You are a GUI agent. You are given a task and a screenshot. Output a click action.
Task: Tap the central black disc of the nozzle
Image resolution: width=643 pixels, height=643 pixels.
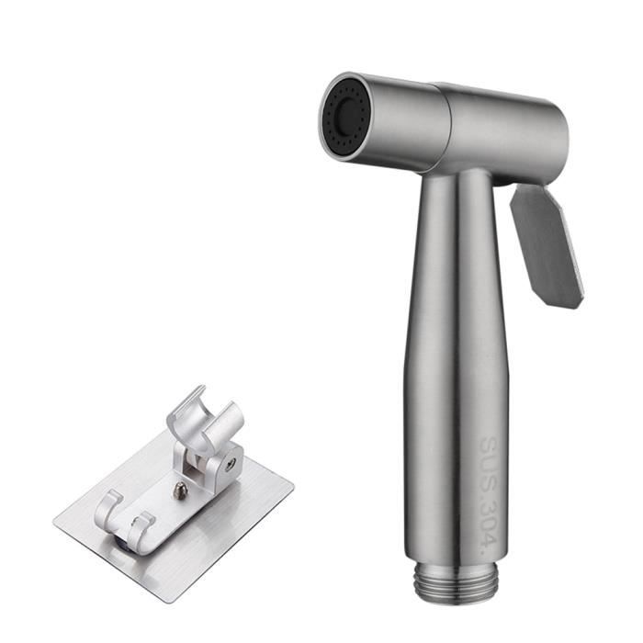point(344,118)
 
